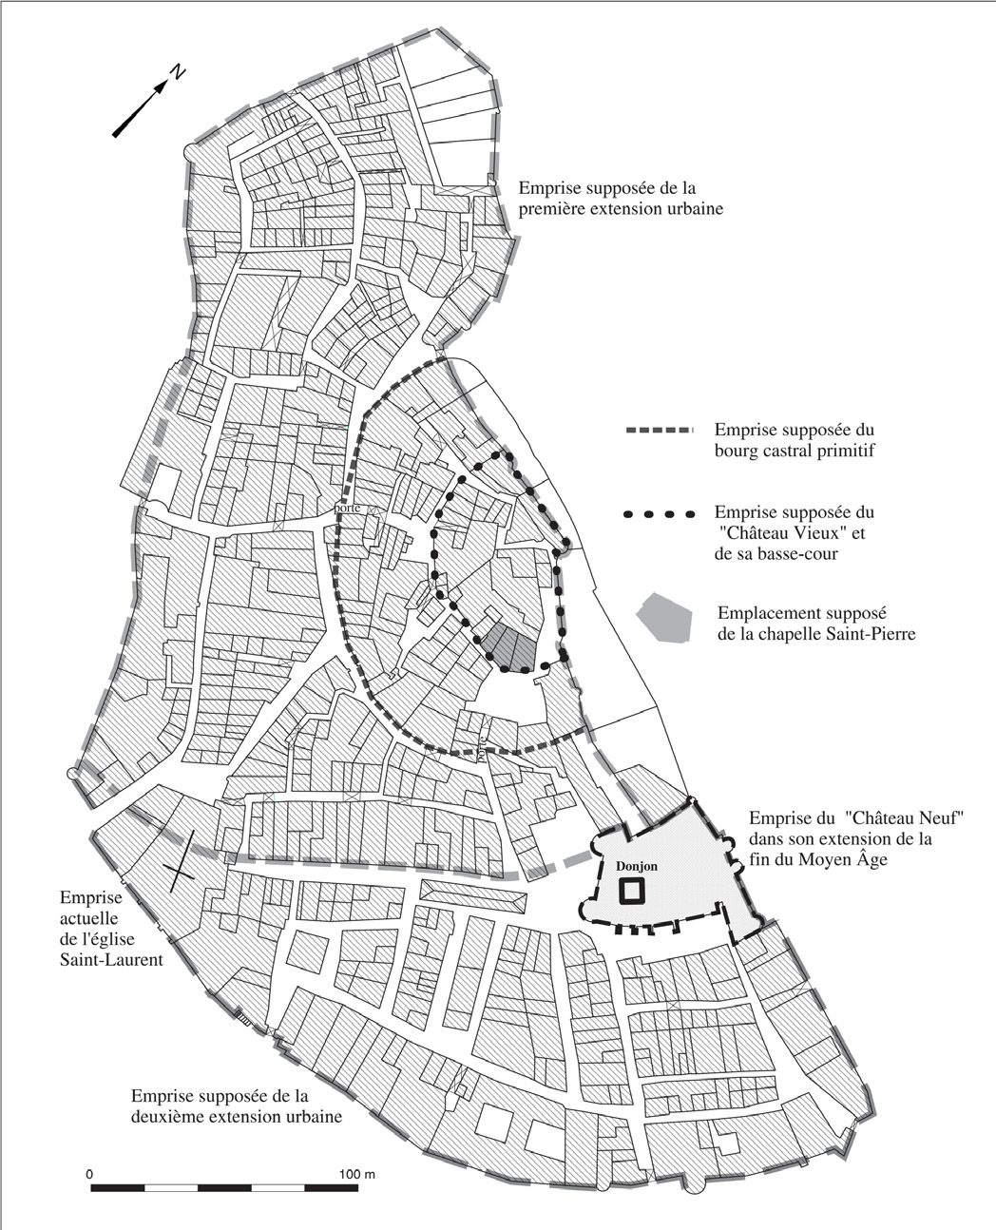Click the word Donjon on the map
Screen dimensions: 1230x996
[636, 867]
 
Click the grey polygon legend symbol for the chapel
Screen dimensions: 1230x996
[663, 619]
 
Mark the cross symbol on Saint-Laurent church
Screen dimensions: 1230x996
[182, 861]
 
